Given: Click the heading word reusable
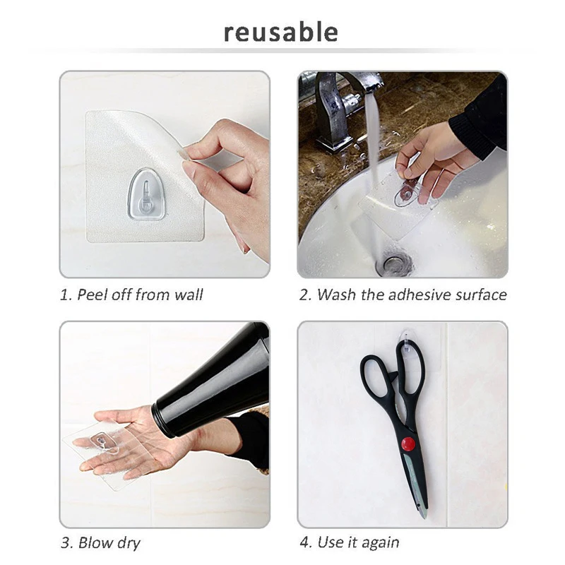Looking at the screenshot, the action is [x=280, y=32].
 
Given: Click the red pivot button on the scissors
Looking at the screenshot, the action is [x=408, y=444].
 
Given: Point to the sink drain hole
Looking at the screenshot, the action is [x=393, y=264].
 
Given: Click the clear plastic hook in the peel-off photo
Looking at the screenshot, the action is [x=147, y=195].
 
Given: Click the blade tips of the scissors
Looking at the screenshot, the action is [x=423, y=513].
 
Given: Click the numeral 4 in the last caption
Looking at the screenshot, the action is [x=304, y=542].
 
